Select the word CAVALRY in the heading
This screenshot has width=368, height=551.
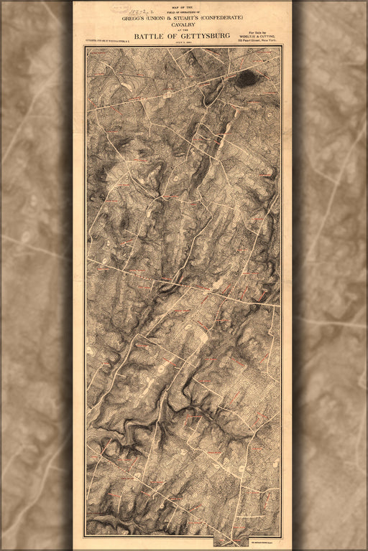[x=183, y=26]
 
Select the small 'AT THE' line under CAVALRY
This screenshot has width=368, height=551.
[x=183, y=31]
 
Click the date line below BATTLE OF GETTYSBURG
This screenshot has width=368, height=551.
[x=183, y=42]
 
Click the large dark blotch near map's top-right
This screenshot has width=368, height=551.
[x=247, y=77]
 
